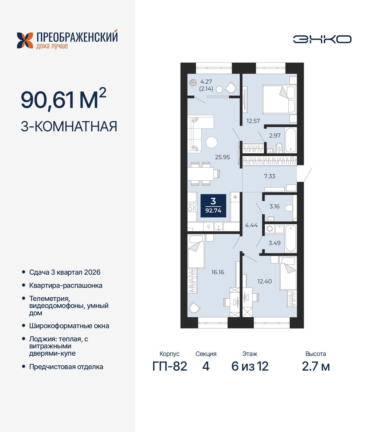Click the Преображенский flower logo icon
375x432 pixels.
pos(25,40)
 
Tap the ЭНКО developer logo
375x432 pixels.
pos(322,39)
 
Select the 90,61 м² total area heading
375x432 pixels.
pos(63,100)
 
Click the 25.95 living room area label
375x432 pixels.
pos(222,157)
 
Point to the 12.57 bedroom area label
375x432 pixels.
pos(253,121)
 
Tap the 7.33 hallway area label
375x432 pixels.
pos(270,176)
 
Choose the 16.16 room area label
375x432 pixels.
pos(218,272)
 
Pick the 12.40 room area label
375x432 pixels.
pos(265,281)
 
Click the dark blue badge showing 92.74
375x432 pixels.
pos(213,206)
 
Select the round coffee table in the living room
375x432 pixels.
pos(212,142)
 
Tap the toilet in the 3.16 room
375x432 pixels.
pos(289,208)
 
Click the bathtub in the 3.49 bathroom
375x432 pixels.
pos(291,238)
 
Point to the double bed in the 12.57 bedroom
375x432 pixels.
pos(279,99)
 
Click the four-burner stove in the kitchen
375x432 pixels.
pos(192,207)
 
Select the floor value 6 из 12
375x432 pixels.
pos(250,366)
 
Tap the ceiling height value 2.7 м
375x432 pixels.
pos(316,366)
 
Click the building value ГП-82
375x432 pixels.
pos(170,366)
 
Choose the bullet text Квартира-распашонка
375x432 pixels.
pos(66,285)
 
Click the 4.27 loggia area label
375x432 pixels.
pos(206,82)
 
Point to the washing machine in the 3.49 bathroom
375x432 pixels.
pos(270,229)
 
